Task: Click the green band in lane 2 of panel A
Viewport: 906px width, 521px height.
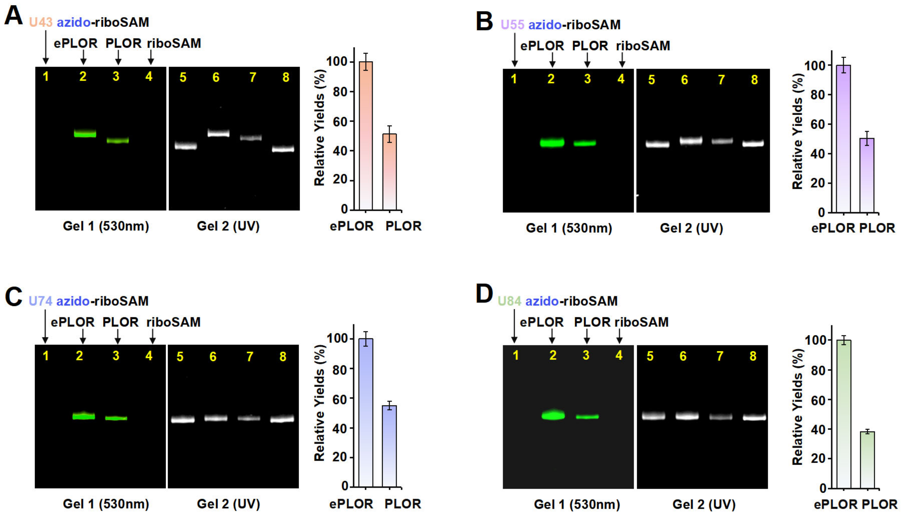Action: (x=85, y=133)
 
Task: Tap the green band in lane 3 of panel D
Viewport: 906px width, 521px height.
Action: (x=587, y=417)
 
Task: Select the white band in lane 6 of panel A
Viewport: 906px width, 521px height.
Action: (x=218, y=133)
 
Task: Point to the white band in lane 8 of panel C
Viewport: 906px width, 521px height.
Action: (x=282, y=419)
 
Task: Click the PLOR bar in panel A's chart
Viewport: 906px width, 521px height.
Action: (x=390, y=172)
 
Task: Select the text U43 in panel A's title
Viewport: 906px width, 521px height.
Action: (x=41, y=22)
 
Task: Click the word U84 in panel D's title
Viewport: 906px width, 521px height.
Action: (x=509, y=301)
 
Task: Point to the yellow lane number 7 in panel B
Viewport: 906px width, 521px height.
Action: (x=721, y=79)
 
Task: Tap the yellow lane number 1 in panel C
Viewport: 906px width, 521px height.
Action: (x=45, y=356)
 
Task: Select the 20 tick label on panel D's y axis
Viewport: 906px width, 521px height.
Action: (x=819, y=458)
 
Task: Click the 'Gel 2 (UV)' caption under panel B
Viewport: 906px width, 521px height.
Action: (x=691, y=228)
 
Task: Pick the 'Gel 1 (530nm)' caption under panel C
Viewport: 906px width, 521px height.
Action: (x=106, y=504)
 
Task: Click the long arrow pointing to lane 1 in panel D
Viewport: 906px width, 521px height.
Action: (x=514, y=325)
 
